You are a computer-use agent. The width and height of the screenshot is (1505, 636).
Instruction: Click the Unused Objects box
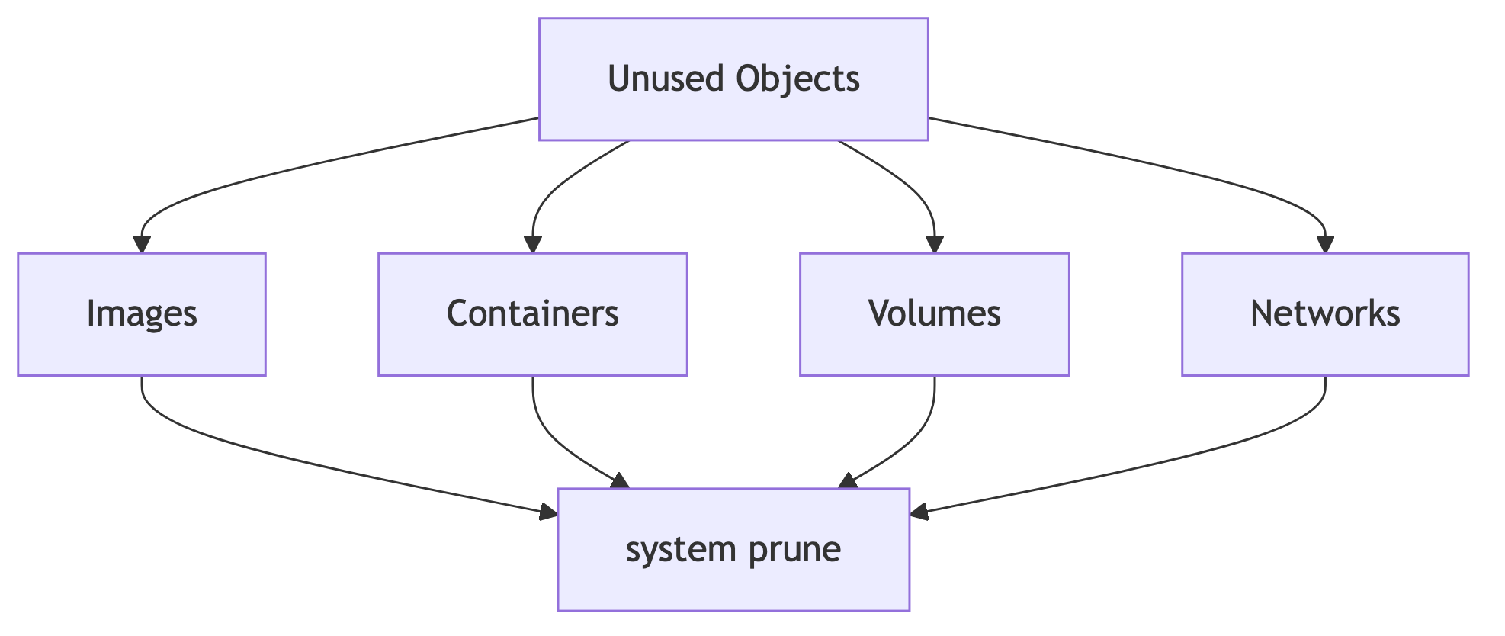pos(733,79)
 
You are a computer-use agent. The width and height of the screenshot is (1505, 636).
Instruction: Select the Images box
pos(142,314)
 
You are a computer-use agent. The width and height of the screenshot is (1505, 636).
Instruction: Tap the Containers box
pos(533,314)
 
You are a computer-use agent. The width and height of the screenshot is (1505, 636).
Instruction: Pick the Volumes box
pos(935,314)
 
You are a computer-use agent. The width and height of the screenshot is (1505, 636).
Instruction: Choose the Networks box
pos(1325,314)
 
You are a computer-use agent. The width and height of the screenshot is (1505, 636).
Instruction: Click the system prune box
pos(733,549)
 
